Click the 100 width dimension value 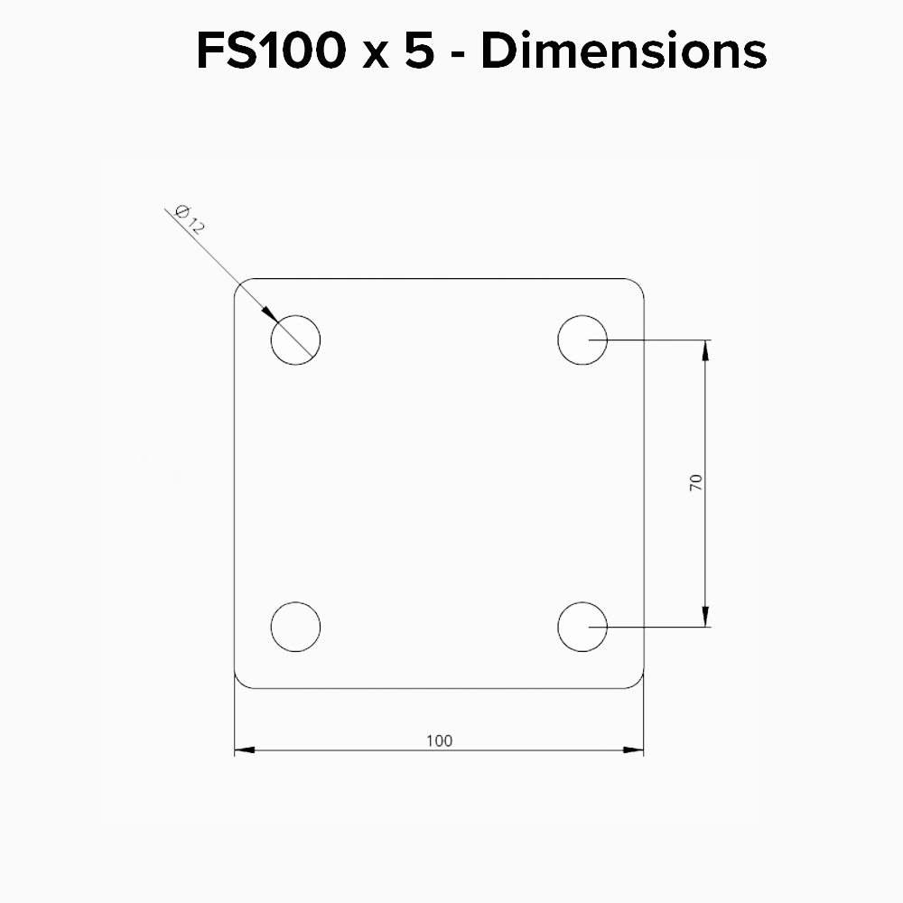(x=440, y=740)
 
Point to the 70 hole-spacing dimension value (x=696, y=482)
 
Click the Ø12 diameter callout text (x=190, y=219)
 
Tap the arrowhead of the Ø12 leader (x=270, y=314)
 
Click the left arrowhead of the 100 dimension (x=245, y=749)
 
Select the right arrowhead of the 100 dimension (x=634, y=749)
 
